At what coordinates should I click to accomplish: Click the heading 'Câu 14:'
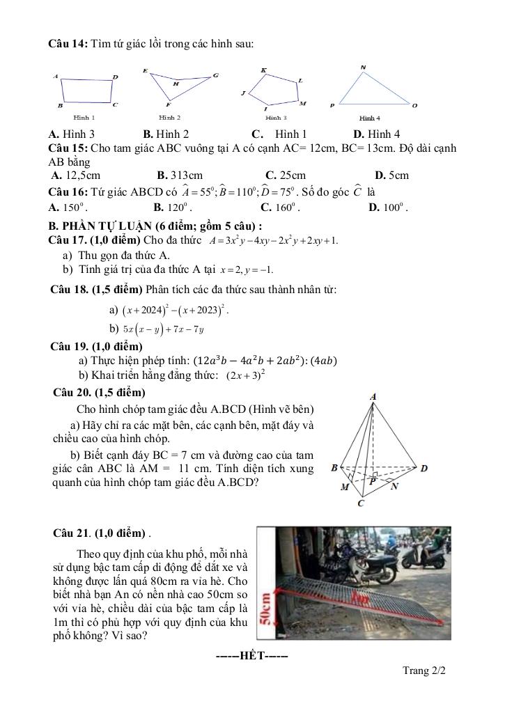67,44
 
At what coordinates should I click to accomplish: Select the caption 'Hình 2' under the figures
169,118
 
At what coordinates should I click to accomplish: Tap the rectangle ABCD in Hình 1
87,90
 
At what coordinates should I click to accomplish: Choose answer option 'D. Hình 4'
377,134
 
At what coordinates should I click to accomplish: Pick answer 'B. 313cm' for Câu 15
180,175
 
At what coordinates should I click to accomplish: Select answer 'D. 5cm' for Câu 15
391,175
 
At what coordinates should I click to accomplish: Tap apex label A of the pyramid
373,397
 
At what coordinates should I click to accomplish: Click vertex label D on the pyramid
424,468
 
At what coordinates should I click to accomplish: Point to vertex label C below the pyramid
360,503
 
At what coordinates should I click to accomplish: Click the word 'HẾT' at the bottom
252,656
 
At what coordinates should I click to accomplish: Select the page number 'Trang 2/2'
424,671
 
